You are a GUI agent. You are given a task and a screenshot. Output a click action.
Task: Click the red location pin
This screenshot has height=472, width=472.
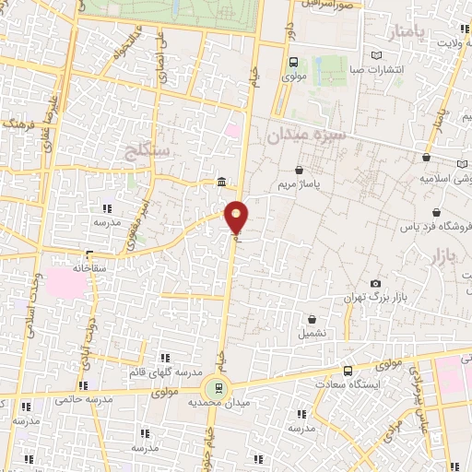237,216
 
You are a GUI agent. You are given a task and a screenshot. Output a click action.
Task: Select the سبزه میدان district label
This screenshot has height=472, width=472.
305,136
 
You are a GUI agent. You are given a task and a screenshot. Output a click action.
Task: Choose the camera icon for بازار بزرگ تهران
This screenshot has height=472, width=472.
374,283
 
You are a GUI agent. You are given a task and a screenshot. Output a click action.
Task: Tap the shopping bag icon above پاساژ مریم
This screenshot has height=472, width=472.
301,171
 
